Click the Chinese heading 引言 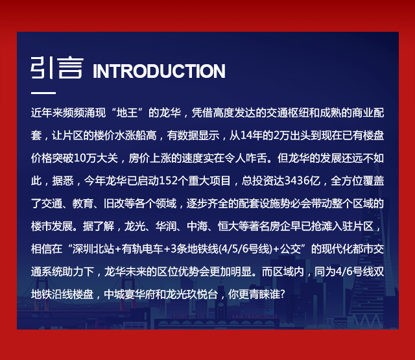click(57, 67)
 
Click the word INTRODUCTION click(159, 71)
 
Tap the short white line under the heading click(43, 93)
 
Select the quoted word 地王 click(127, 113)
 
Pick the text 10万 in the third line click(85, 158)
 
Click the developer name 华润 click(166, 226)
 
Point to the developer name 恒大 click(228, 226)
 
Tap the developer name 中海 click(197, 226)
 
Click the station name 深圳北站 click(93, 249)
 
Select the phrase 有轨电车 click(143, 249)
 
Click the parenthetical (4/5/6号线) click(246, 249)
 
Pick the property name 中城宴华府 click(130, 294)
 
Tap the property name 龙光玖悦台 click(192, 294)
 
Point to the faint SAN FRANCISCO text click(254, 317)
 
